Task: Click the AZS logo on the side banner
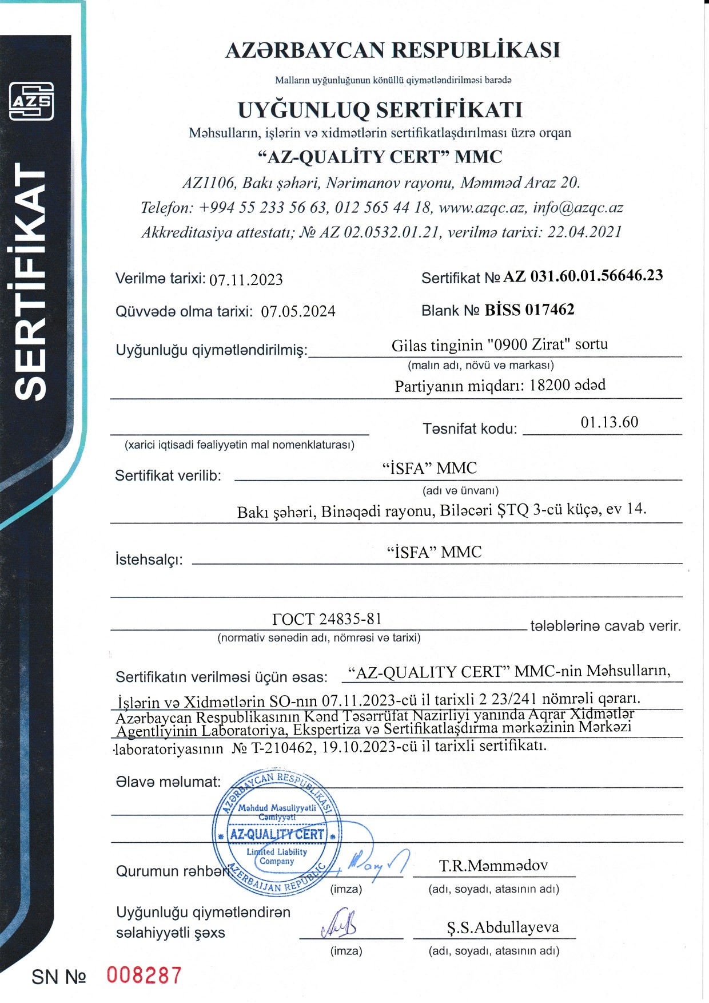coord(31,102)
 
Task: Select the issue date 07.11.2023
coord(246,280)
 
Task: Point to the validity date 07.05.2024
coord(298,312)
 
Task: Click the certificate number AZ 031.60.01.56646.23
coord(583,276)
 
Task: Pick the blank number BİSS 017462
coord(529,310)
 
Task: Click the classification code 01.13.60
coord(609,422)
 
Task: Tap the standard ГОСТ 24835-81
coord(326,619)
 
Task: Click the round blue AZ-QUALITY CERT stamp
coord(277,833)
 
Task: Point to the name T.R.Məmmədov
coord(493,866)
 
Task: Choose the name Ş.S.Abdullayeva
coord(503,927)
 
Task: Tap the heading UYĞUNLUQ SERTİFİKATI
coord(380,109)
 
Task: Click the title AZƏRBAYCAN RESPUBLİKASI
coord(393,50)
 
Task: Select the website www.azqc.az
coord(482,207)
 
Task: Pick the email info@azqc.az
coord(577,207)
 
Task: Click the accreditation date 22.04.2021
coord(584,232)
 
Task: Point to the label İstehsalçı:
coord(149,559)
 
